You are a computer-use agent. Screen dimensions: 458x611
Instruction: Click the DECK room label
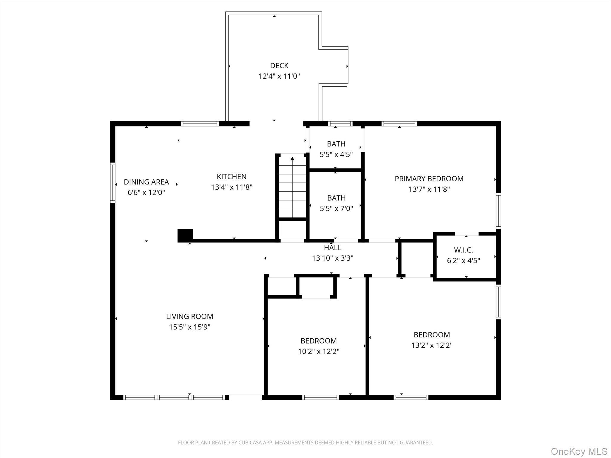(x=279, y=66)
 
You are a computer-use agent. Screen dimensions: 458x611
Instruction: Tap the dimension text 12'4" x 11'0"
(x=279, y=76)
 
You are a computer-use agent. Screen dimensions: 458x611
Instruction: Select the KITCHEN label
(x=232, y=177)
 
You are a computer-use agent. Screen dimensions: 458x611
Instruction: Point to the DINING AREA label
(x=146, y=182)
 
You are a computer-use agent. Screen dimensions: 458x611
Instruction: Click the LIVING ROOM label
(x=189, y=316)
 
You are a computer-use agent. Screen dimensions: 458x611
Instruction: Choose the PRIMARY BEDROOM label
(x=429, y=179)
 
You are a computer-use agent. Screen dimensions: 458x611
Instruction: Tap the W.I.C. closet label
(x=463, y=250)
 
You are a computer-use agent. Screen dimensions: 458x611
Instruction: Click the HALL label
(x=333, y=247)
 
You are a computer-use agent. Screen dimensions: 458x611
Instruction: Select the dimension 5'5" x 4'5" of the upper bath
(x=336, y=154)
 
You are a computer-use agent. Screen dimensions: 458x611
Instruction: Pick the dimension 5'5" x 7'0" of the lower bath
(x=336, y=208)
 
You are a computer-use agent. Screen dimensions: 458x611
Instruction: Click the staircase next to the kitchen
(x=292, y=188)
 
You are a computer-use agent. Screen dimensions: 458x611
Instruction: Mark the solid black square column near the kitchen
(x=185, y=236)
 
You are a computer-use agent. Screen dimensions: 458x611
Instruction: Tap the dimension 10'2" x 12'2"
(x=319, y=351)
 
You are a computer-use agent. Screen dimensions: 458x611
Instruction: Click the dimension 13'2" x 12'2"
(x=432, y=345)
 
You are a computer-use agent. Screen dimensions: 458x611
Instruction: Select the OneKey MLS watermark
(x=579, y=451)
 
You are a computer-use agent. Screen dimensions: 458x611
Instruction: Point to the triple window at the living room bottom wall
(x=174, y=397)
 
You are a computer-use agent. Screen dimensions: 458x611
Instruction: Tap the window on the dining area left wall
(x=112, y=183)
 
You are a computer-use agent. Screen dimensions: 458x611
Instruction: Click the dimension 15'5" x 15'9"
(x=189, y=327)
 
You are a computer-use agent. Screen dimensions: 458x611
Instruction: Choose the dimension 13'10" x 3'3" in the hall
(x=333, y=258)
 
